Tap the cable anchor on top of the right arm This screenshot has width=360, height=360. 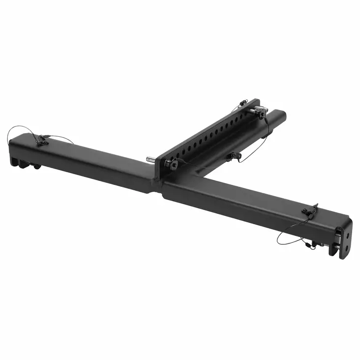point(309,210)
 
